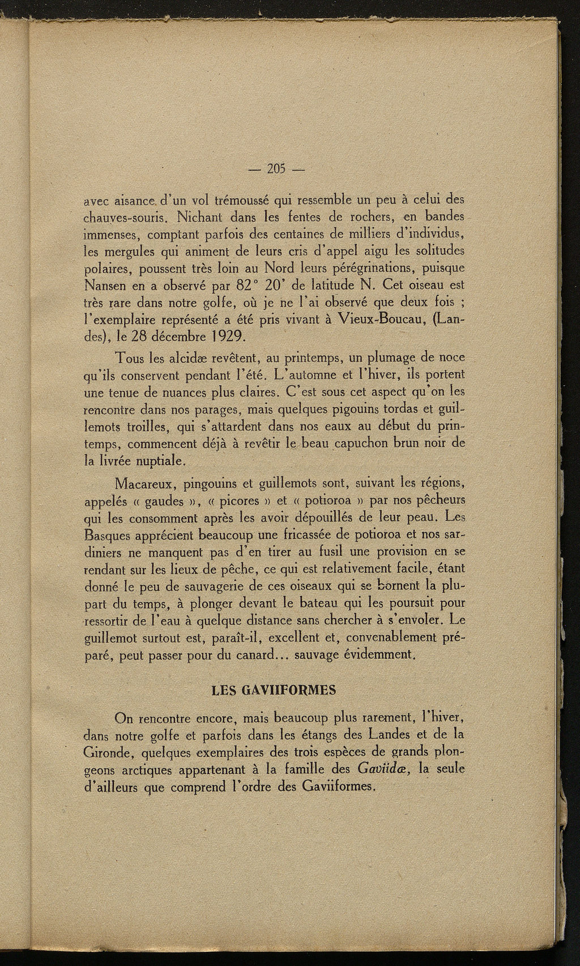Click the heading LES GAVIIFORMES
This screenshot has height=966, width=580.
click(x=274, y=691)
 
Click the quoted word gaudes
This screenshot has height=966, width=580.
click(x=164, y=503)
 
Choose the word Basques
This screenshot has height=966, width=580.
click(x=107, y=535)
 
